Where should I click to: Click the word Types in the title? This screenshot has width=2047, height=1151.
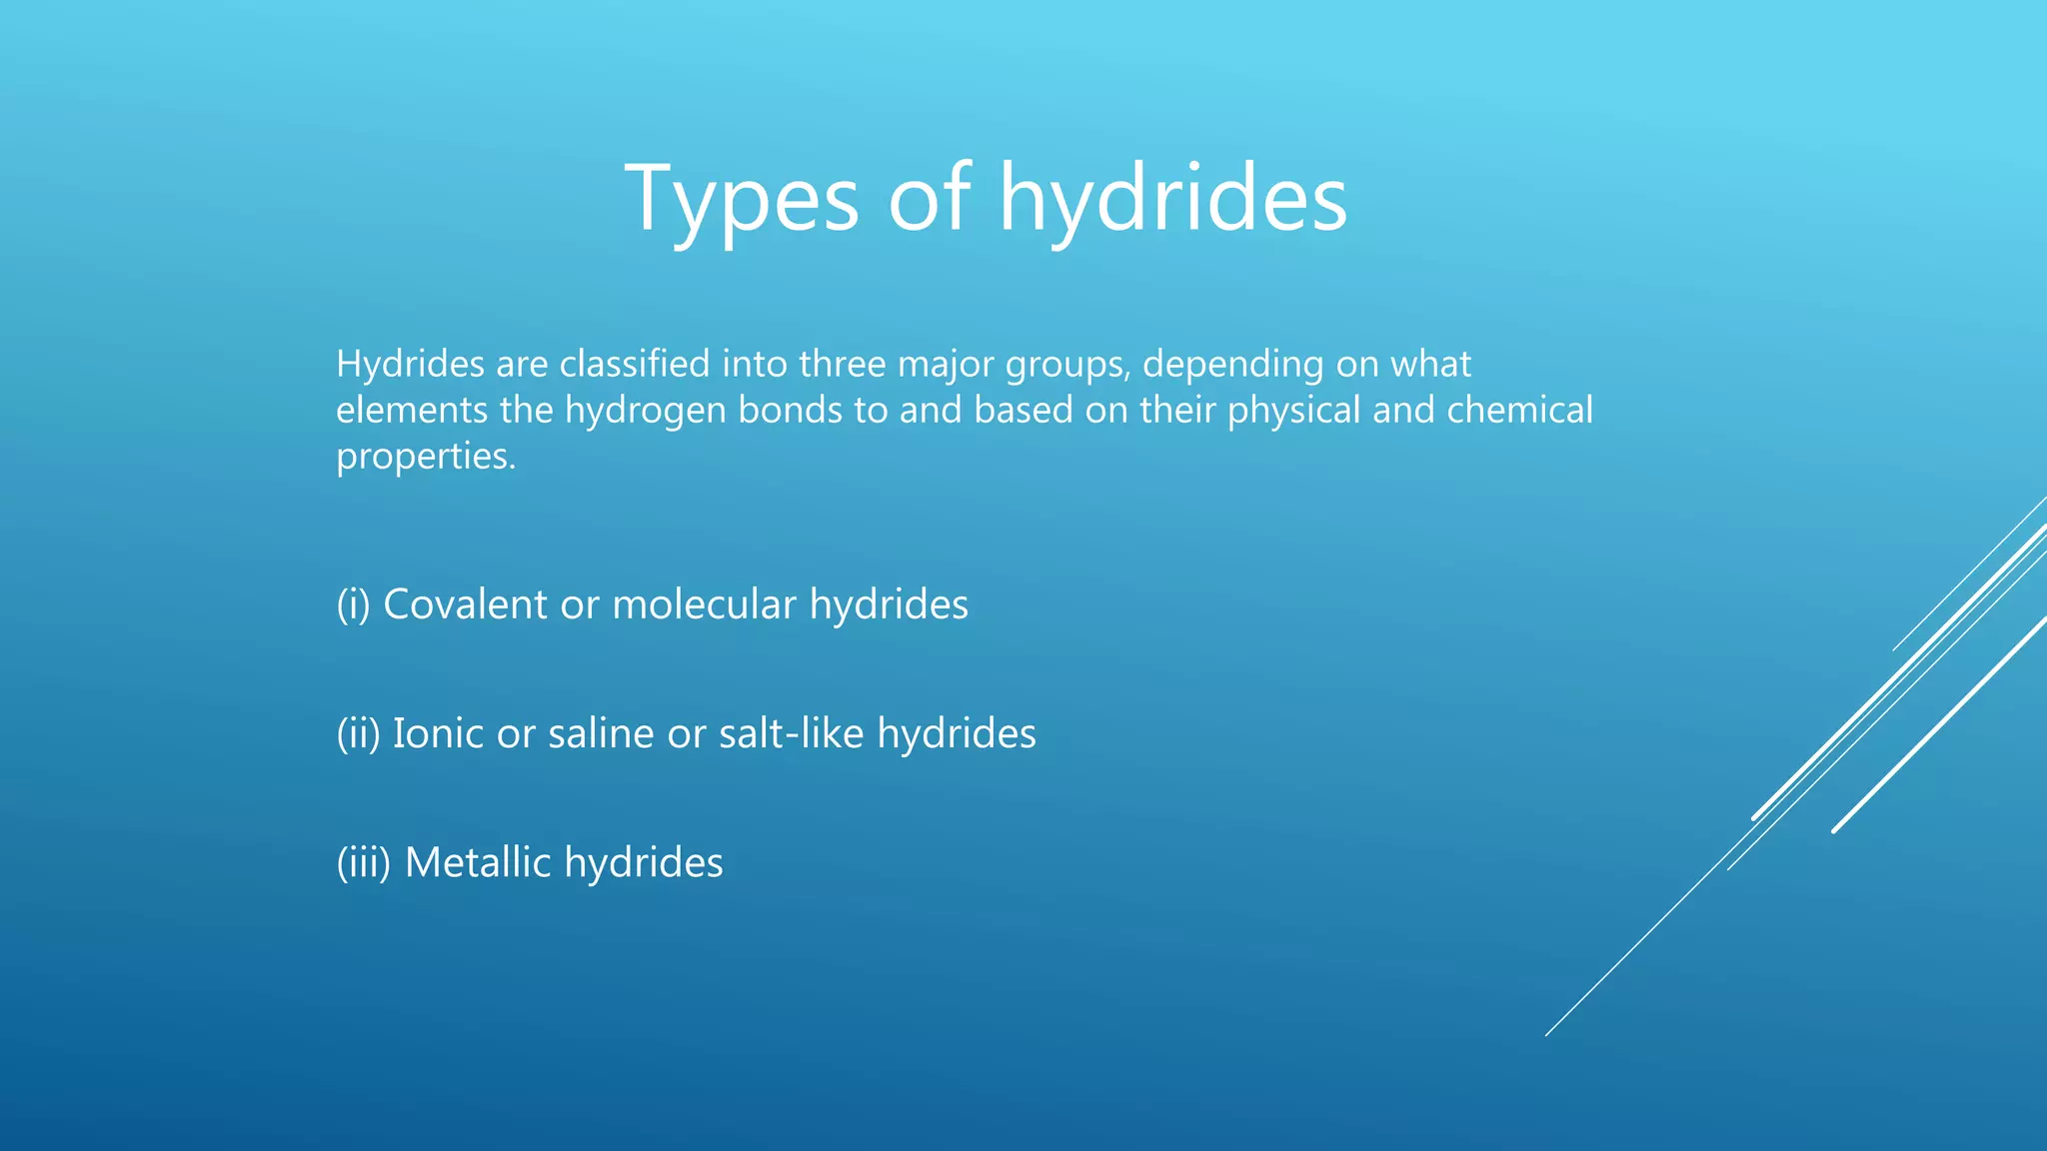[742, 200]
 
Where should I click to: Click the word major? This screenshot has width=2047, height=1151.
[946, 364]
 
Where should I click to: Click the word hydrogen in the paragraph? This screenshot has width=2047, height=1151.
[646, 412]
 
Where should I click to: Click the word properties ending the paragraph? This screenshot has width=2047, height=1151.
[426, 457]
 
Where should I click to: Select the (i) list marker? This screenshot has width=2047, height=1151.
[353, 604]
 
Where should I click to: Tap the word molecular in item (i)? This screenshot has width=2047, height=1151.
[704, 604]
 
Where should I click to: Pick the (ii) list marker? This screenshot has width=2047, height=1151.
[358, 733]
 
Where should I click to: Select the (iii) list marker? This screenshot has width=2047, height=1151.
[363, 862]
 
